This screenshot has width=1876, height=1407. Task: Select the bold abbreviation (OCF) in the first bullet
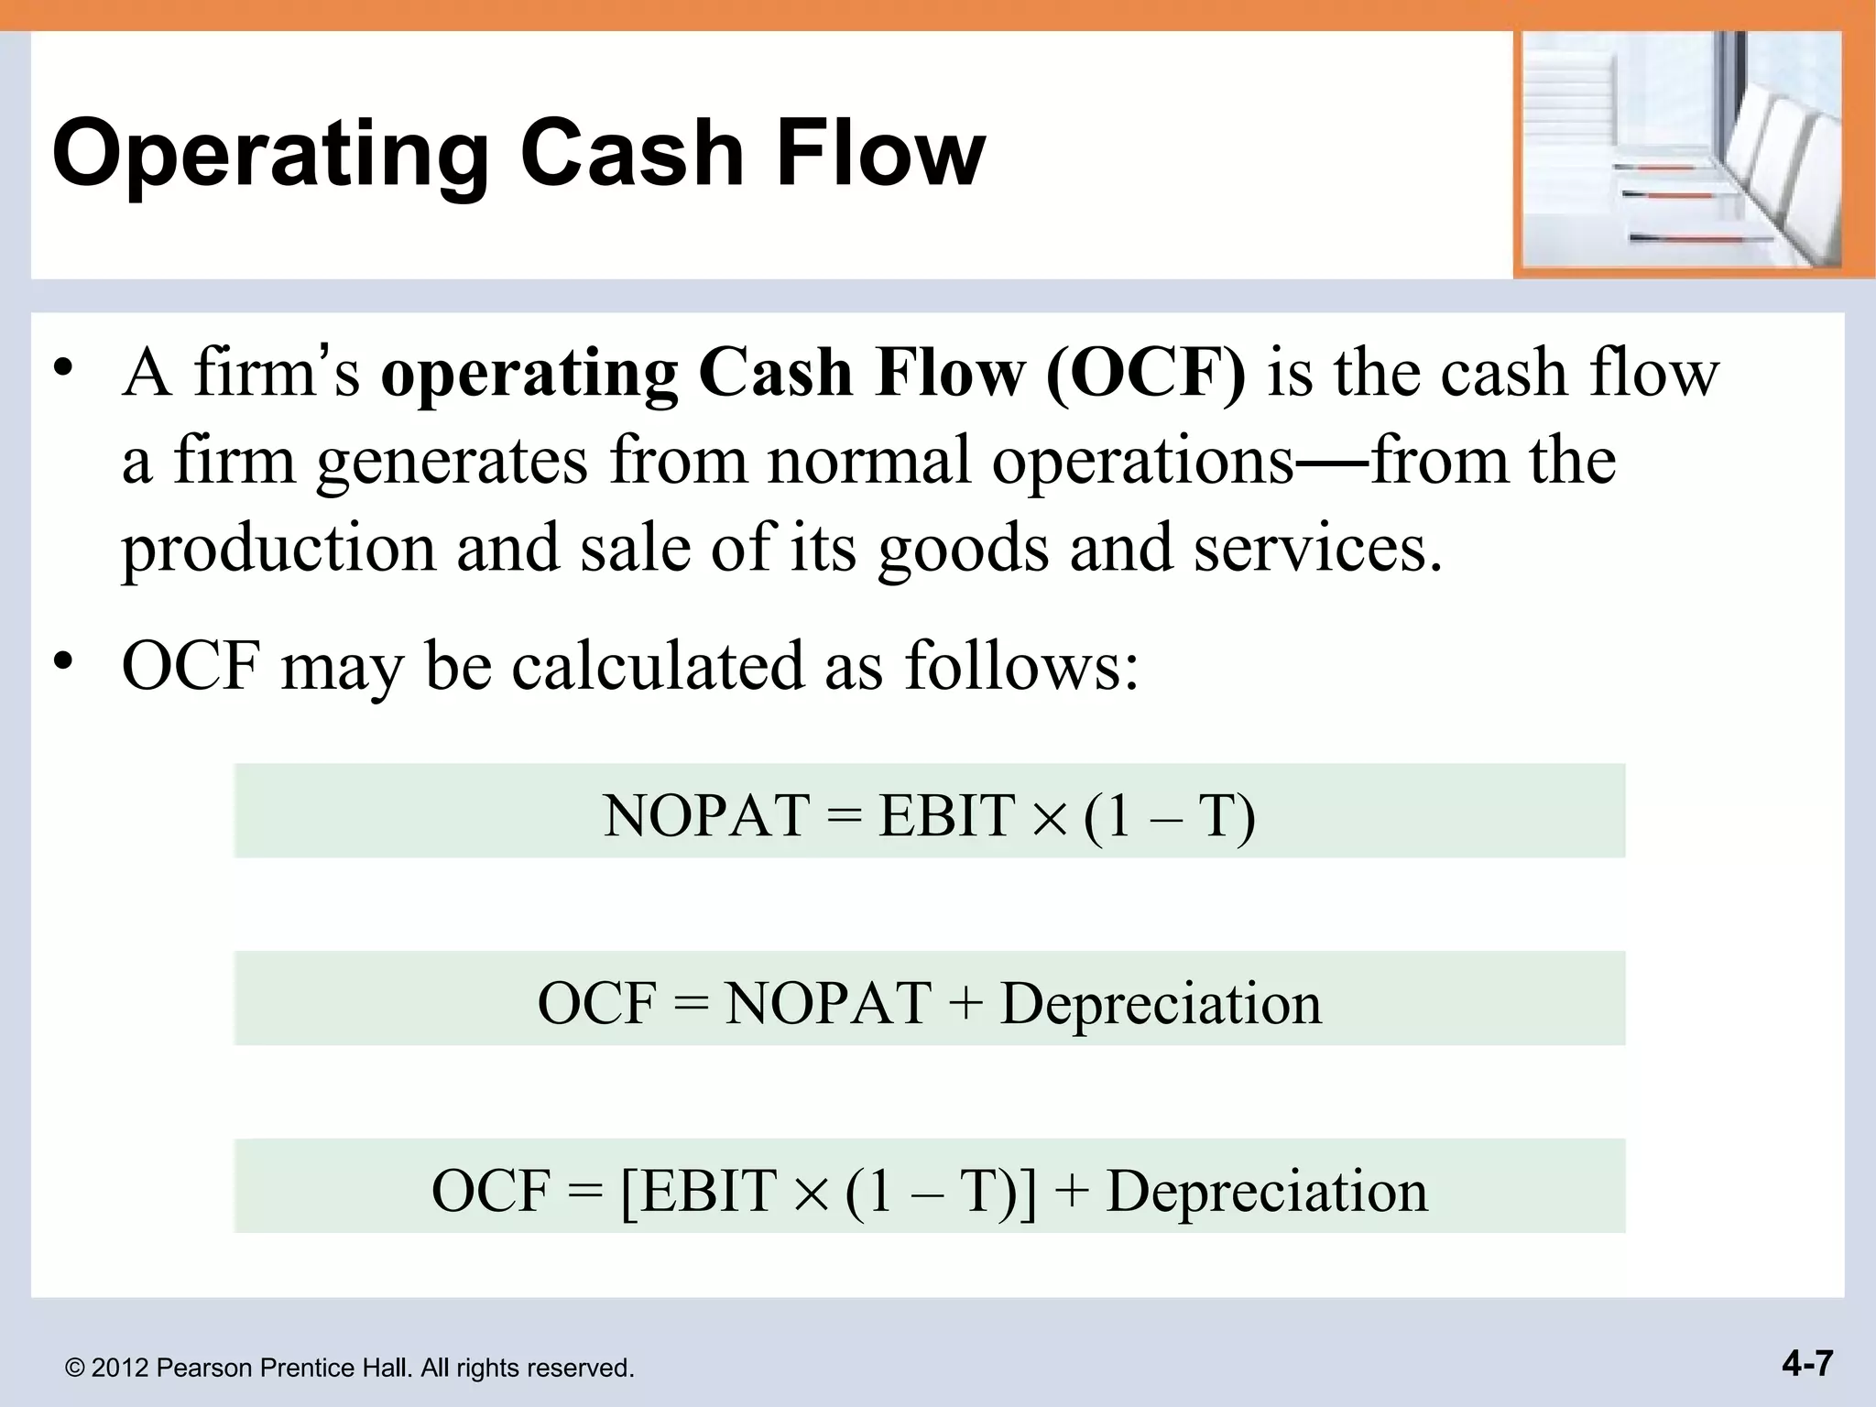(1145, 374)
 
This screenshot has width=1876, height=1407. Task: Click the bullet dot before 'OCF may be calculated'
(62, 660)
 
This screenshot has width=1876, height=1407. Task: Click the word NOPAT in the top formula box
(705, 815)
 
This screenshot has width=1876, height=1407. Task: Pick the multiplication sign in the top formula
(1048, 818)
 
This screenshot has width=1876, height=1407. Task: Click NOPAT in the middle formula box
(828, 1003)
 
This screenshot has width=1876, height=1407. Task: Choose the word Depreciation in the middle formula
(1161, 1004)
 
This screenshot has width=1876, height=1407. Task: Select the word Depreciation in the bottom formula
(1267, 1192)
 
